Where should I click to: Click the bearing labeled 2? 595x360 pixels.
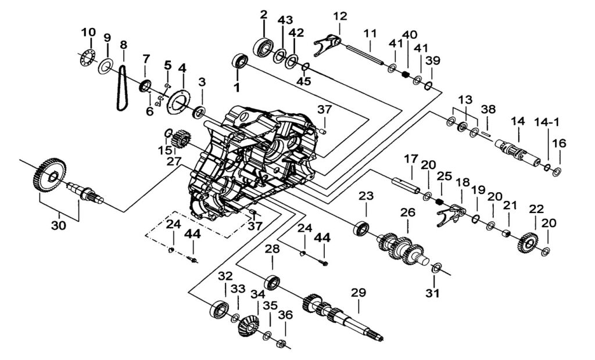click(264, 46)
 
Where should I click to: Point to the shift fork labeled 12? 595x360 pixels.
click(328, 42)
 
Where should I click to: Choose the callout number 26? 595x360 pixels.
click(408, 213)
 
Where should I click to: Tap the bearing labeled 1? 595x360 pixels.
click(240, 61)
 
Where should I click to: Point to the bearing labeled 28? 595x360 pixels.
click(273, 283)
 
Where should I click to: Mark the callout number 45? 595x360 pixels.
click(303, 82)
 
